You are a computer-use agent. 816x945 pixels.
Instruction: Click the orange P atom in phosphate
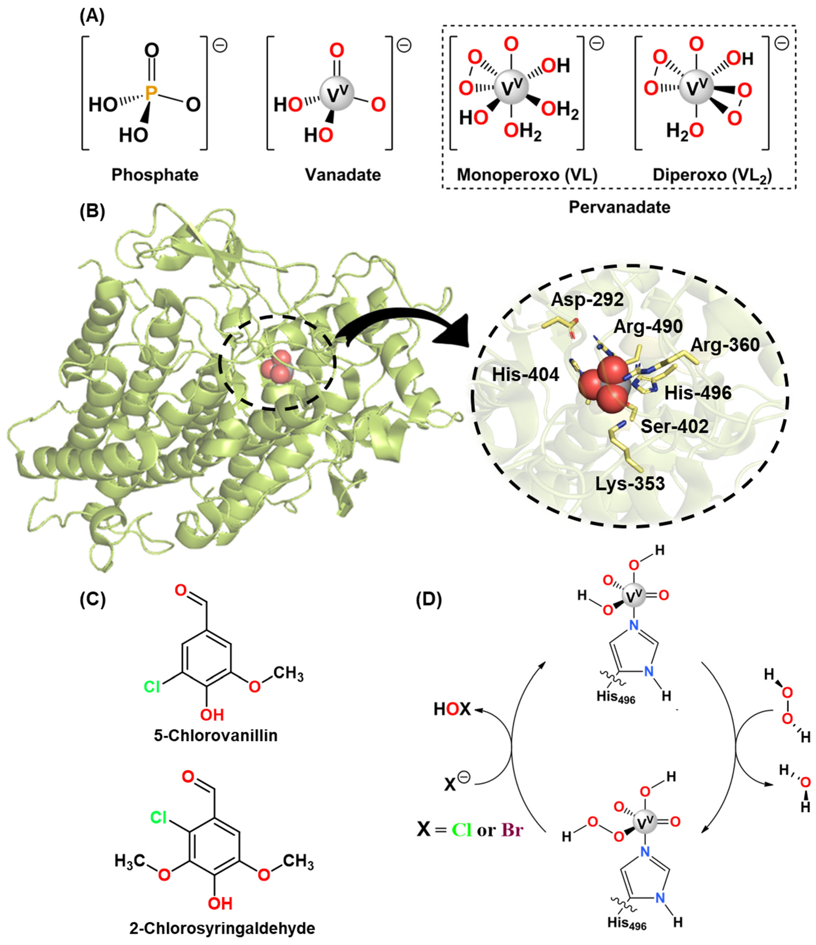coord(151,93)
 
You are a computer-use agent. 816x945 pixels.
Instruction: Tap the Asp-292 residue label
coord(587,300)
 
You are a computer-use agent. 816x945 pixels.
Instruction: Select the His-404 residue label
coord(525,375)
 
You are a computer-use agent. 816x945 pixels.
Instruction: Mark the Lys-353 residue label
coord(630,484)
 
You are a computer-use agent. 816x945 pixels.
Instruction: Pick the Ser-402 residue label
coord(675,427)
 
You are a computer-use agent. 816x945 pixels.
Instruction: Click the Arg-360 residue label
coord(725,345)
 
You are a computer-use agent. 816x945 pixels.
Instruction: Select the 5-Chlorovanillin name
coord(216,736)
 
